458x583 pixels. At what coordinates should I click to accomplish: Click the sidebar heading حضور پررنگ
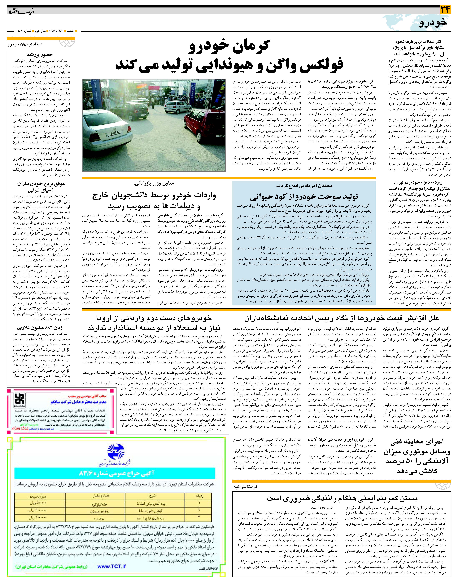pos(42,54)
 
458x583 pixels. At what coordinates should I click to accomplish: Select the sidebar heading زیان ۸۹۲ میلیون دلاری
pos(40,328)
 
